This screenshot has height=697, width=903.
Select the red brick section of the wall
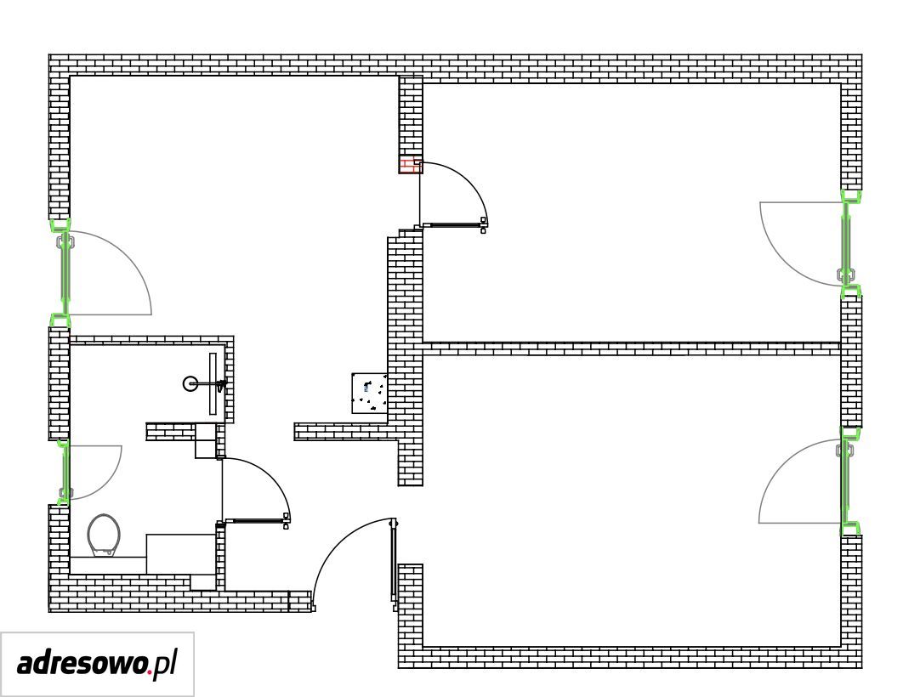pyautogui.click(x=410, y=167)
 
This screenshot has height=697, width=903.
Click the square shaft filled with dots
pyautogui.click(x=369, y=393)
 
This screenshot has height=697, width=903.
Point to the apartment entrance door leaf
pyautogui.click(x=394, y=564)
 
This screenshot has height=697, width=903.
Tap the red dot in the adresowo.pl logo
pyautogui.click(x=149, y=671)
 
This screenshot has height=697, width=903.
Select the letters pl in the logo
pyautogui.click(x=164, y=665)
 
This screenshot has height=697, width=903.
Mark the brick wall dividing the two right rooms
pyautogui.click(x=631, y=348)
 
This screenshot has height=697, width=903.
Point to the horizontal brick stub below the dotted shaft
pyautogui.click(x=345, y=432)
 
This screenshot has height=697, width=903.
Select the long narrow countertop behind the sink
pyautogui.click(x=213, y=383)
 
